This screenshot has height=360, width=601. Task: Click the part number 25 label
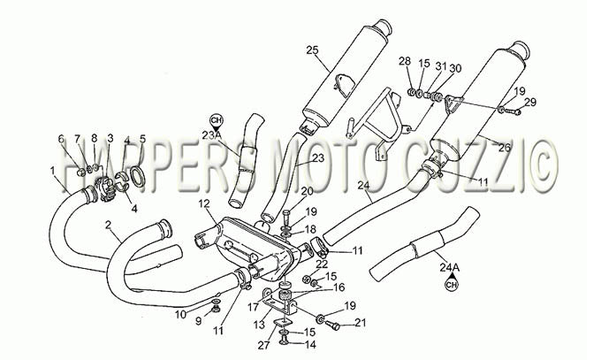coord(312,50)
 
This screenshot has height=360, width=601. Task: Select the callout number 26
coord(505,148)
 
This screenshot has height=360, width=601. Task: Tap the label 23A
coord(211,135)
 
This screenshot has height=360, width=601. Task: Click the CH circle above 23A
coord(217,120)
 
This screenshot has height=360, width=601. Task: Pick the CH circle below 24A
coord(452,285)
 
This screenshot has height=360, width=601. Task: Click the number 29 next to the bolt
coord(530,102)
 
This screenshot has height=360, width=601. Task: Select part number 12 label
coord(205,203)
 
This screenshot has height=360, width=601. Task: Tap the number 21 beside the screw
coord(360,323)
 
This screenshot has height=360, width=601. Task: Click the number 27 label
coord(263,346)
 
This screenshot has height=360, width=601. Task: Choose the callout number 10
coord(180,315)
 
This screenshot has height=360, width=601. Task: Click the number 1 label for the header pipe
coord(52,170)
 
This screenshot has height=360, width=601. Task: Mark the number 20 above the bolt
coord(307,191)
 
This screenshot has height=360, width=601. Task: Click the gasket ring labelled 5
coord(139,175)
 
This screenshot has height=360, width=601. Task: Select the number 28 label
coord(405,61)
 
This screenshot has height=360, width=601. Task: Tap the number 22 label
coord(322,264)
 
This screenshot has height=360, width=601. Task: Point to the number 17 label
coord(254,308)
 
